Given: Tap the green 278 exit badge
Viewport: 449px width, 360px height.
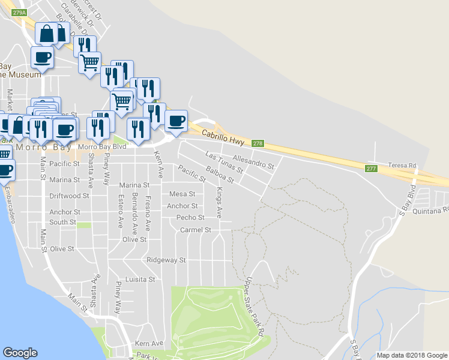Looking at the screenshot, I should tap(258, 143).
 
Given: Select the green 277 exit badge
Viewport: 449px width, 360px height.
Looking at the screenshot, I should tap(371, 169).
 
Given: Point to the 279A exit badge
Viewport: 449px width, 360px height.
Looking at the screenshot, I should tap(19, 13).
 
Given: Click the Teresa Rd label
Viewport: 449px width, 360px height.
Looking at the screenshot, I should tap(402, 165).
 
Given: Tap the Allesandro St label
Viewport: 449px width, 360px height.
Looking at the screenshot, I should tap(253, 161).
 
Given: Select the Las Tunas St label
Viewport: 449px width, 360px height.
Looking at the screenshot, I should tap(224, 163).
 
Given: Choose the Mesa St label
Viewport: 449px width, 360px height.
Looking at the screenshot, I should tap(182, 194).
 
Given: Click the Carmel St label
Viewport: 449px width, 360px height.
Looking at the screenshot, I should tap(196, 230).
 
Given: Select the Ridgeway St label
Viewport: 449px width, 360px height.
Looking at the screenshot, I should tap(166, 260).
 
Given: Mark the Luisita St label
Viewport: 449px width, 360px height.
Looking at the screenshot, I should tap(139, 280).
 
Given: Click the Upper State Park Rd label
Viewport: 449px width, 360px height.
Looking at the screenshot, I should tap(255, 305).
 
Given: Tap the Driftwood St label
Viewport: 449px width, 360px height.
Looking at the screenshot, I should tap(69, 196).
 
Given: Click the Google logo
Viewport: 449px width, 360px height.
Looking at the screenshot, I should tap(20, 353).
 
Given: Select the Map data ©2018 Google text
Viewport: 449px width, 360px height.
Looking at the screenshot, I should tap(411, 355).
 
